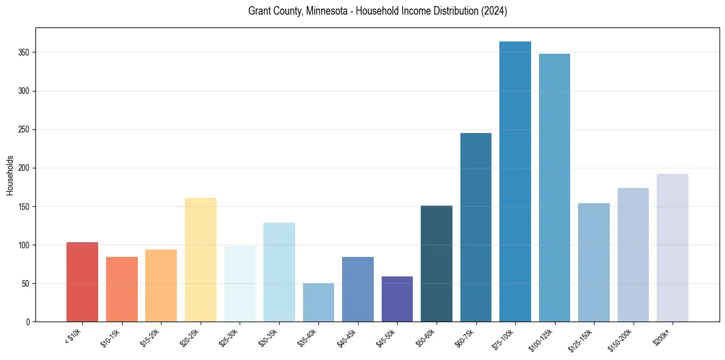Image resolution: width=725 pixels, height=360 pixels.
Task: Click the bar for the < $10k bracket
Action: (x=82, y=282)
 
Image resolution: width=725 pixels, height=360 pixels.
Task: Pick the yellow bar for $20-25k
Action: (x=200, y=260)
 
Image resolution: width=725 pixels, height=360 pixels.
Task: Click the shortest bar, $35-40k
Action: (x=318, y=303)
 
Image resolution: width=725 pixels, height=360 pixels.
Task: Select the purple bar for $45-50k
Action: (x=397, y=299)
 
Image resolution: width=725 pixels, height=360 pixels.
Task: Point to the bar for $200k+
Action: (x=673, y=248)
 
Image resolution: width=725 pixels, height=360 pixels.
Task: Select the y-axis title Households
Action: (x=10, y=175)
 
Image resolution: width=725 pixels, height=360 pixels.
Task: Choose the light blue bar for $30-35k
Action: (x=279, y=272)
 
